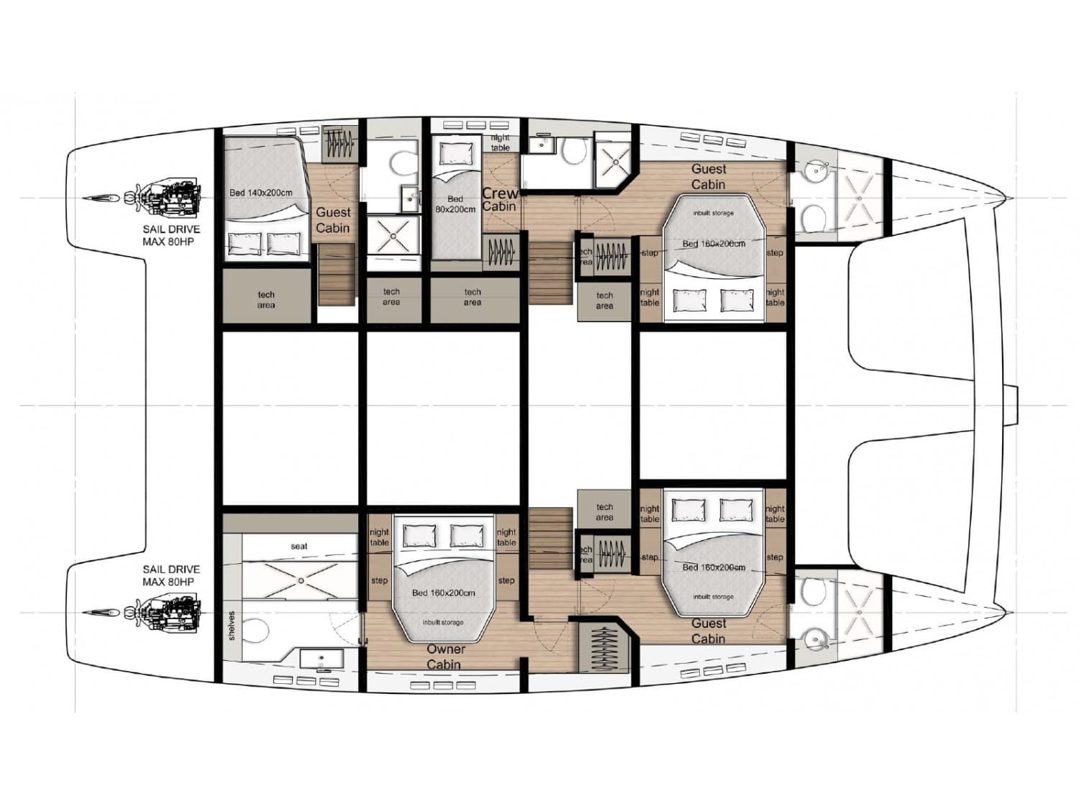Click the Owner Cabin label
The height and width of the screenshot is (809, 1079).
click(445, 657)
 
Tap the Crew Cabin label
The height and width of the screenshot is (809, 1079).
click(499, 200)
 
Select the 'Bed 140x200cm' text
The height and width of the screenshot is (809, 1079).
click(260, 193)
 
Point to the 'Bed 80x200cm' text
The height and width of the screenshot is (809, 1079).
click(455, 204)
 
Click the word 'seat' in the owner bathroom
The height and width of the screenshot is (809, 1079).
click(299, 547)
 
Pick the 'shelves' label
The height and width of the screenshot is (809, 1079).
click(232, 626)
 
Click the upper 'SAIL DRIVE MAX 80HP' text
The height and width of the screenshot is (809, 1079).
click(171, 235)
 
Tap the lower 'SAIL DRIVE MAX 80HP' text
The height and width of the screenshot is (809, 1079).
click(171, 575)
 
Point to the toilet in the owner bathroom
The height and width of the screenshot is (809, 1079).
click(255, 631)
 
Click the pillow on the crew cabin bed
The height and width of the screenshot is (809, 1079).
click(456, 153)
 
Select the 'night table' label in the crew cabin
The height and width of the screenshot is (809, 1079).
click(500, 142)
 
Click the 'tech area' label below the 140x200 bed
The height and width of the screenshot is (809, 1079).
click(266, 300)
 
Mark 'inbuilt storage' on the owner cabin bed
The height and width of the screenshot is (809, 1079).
click(442, 623)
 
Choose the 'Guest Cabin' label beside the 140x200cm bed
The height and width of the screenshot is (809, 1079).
click(333, 220)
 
